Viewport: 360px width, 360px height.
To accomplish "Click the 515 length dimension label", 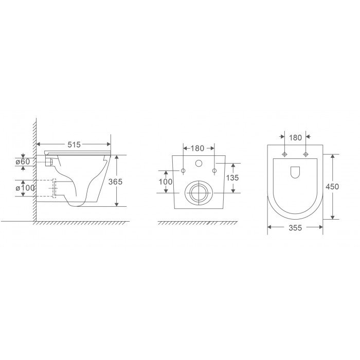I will pos(74,145).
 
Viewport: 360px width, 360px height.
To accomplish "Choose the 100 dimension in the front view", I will pos(165,182).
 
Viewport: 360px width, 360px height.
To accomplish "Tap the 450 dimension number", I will pos(332,187).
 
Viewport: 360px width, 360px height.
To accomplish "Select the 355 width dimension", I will pos(295,227).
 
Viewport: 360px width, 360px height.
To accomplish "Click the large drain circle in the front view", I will pos(198,192).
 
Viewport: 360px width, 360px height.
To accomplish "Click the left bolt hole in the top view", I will pos(284,155).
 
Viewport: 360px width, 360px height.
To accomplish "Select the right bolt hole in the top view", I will pos(306,155).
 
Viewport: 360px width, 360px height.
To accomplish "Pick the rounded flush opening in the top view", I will pos(295,173).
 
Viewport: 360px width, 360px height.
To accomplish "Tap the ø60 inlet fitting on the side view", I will pos(49,162).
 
